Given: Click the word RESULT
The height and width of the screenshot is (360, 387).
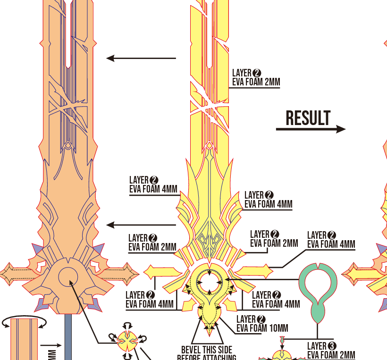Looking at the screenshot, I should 308,118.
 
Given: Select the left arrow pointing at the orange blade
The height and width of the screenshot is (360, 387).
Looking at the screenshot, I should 141,58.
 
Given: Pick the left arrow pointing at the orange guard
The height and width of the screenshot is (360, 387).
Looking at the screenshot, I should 141,225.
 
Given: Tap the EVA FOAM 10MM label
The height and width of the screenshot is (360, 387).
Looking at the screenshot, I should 262,328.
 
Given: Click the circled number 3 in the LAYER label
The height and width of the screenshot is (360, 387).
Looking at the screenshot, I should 331,346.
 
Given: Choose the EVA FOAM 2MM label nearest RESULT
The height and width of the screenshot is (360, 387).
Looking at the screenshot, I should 256,82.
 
